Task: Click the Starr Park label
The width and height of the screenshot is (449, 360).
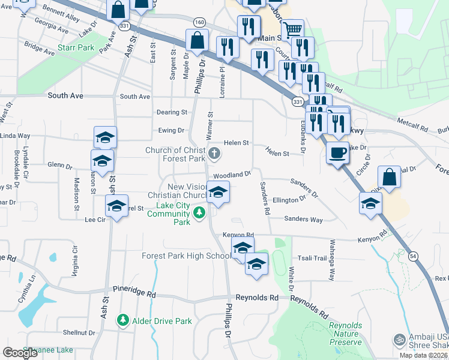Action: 76,47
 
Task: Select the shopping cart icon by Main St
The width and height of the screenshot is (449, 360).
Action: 292,29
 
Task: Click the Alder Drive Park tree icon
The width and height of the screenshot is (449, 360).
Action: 123,321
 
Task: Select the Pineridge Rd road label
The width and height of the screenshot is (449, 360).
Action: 137,295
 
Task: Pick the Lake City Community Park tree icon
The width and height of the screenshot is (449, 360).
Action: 199,212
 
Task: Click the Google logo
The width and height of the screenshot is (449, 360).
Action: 20,353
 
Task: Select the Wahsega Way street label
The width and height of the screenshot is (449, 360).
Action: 331,260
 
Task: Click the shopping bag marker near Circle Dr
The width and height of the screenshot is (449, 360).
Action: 389,178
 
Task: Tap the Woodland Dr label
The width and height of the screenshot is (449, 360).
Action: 232,175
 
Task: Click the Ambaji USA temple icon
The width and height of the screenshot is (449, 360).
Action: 397,340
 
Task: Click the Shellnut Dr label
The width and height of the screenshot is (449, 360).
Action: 79,332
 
